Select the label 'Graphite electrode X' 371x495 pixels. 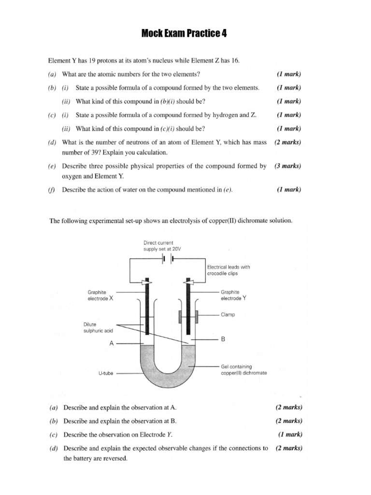click(100, 295)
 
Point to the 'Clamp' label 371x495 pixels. click(228, 315)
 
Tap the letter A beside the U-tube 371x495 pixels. click(112, 344)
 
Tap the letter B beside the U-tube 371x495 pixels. click(223, 340)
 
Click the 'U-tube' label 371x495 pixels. click(106, 373)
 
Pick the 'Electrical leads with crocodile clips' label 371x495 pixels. click(228, 270)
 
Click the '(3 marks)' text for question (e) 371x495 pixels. click(288, 166)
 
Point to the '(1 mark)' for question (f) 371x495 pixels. click(289, 189)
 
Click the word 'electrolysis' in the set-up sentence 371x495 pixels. click(189, 221)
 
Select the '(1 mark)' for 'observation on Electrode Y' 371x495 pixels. click(290, 434)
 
